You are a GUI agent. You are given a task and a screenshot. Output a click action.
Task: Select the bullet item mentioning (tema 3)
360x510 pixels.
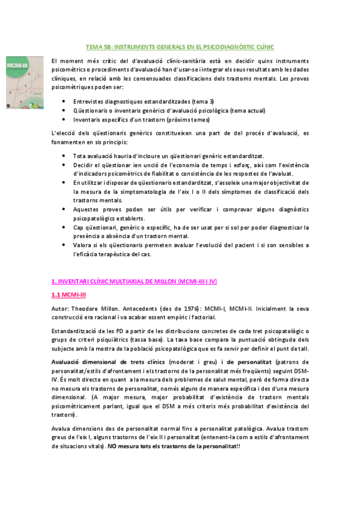(143, 101)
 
